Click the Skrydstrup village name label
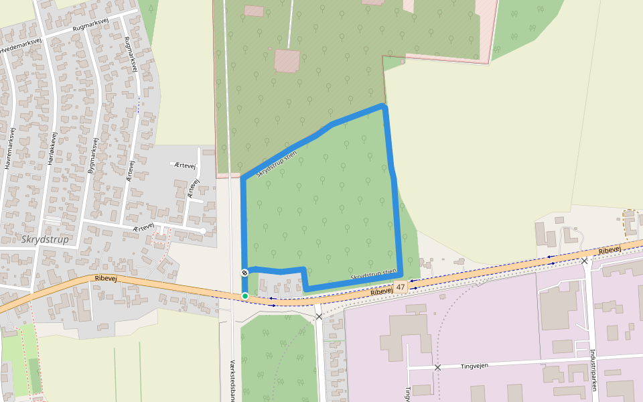click(x=46, y=239)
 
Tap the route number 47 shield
click(x=401, y=287)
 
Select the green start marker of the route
click(x=245, y=296)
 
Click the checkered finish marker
click(x=245, y=273)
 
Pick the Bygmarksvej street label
click(x=92, y=156)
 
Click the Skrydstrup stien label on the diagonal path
click(x=276, y=163)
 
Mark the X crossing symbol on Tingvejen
click(x=437, y=368)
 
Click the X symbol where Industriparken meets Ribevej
click(x=585, y=261)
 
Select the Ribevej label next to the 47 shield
click(x=381, y=291)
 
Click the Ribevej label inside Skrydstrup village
click(x=106, y=278)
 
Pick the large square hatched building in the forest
click(x=287, y=60)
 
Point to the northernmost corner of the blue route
click(x=382, y=106)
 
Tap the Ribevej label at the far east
click(x=610, y=250)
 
